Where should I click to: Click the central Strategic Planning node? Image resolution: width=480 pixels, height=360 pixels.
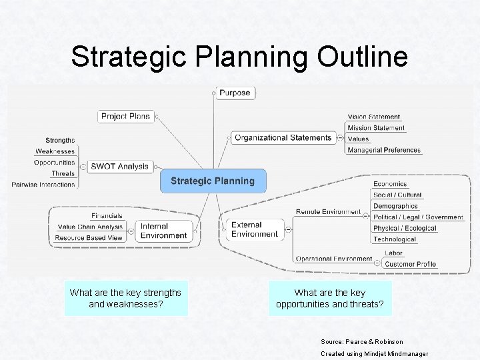point(213,181)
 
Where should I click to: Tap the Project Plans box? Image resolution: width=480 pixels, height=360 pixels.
point(126,116)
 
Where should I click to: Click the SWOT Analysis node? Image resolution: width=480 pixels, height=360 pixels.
point(120,166)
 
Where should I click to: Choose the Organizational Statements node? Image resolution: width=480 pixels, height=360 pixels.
point(283,138)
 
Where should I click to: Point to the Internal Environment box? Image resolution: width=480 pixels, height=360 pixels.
point(163,231)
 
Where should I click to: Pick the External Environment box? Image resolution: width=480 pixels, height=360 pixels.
point(254,230)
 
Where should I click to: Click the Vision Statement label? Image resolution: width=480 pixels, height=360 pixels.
point(374,117)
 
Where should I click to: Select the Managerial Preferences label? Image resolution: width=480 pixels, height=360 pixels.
point(384,150)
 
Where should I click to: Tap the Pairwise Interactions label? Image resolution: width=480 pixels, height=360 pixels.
point(43,184)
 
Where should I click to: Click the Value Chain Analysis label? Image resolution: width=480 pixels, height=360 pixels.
point(90,227)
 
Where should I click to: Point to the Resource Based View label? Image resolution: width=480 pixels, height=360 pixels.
point(89,238)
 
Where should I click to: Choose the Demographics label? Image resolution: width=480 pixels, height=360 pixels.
point(395,206)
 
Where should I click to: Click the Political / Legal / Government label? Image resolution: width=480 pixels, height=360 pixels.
point(418,217)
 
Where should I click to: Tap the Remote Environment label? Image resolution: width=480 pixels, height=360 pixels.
point(328,212)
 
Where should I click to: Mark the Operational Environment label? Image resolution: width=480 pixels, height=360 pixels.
point(333,259)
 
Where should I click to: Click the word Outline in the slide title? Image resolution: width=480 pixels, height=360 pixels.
point(363,57)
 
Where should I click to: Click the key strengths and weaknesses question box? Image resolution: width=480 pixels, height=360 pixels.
point(126,299)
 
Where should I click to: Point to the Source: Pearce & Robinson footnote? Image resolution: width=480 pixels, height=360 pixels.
point(362,341)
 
